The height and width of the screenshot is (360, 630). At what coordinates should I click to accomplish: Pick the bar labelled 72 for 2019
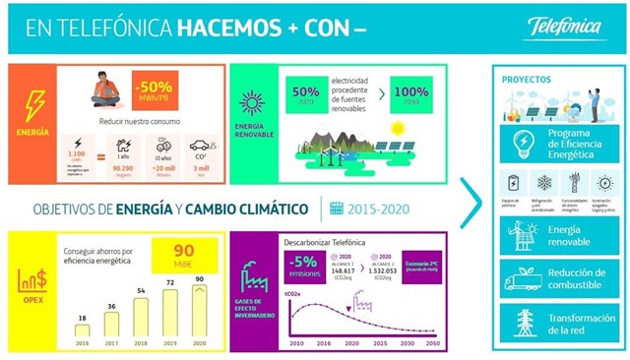coord(169,309)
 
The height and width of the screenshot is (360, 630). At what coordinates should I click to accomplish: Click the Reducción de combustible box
coord(554,278)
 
